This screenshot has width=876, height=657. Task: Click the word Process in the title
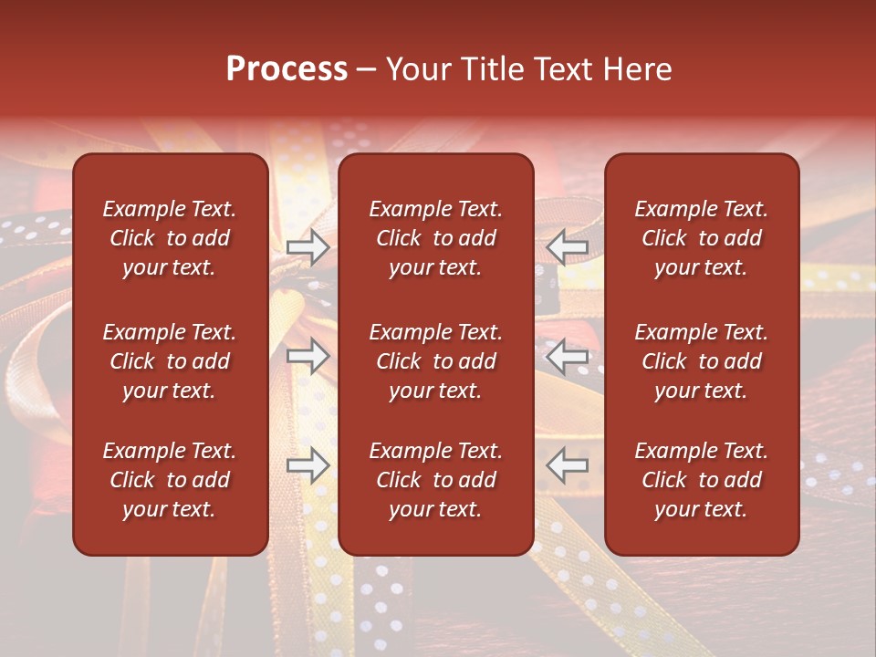click(x=287, y=69)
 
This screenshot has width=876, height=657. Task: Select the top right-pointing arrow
click(x=308, y=247)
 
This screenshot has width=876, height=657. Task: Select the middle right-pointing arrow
click(x=308, y=356)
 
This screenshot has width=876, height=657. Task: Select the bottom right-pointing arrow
click(x=308, y=466)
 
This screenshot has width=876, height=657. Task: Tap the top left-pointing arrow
click(x=568, y=247)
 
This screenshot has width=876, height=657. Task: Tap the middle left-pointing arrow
click(x=568, y=356)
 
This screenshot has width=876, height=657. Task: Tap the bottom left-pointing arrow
click(x=568, y=466)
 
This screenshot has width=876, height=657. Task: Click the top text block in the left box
click(x=170, y=238)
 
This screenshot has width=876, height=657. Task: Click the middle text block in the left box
click(x=170, y=361)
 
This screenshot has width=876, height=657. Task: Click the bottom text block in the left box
click(x=170, y=480)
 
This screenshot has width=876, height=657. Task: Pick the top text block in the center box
click(x=436, y=238)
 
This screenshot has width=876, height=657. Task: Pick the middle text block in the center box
click(x=436, y=361)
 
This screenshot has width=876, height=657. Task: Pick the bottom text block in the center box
click(x=436, y=480)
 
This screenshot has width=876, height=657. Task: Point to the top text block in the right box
click(x=702, y=238)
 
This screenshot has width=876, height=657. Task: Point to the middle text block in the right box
click(x=702, y=361)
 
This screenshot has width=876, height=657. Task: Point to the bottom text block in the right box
click(x=702, y=480)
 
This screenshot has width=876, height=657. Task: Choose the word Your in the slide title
click(x=418, y=69)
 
